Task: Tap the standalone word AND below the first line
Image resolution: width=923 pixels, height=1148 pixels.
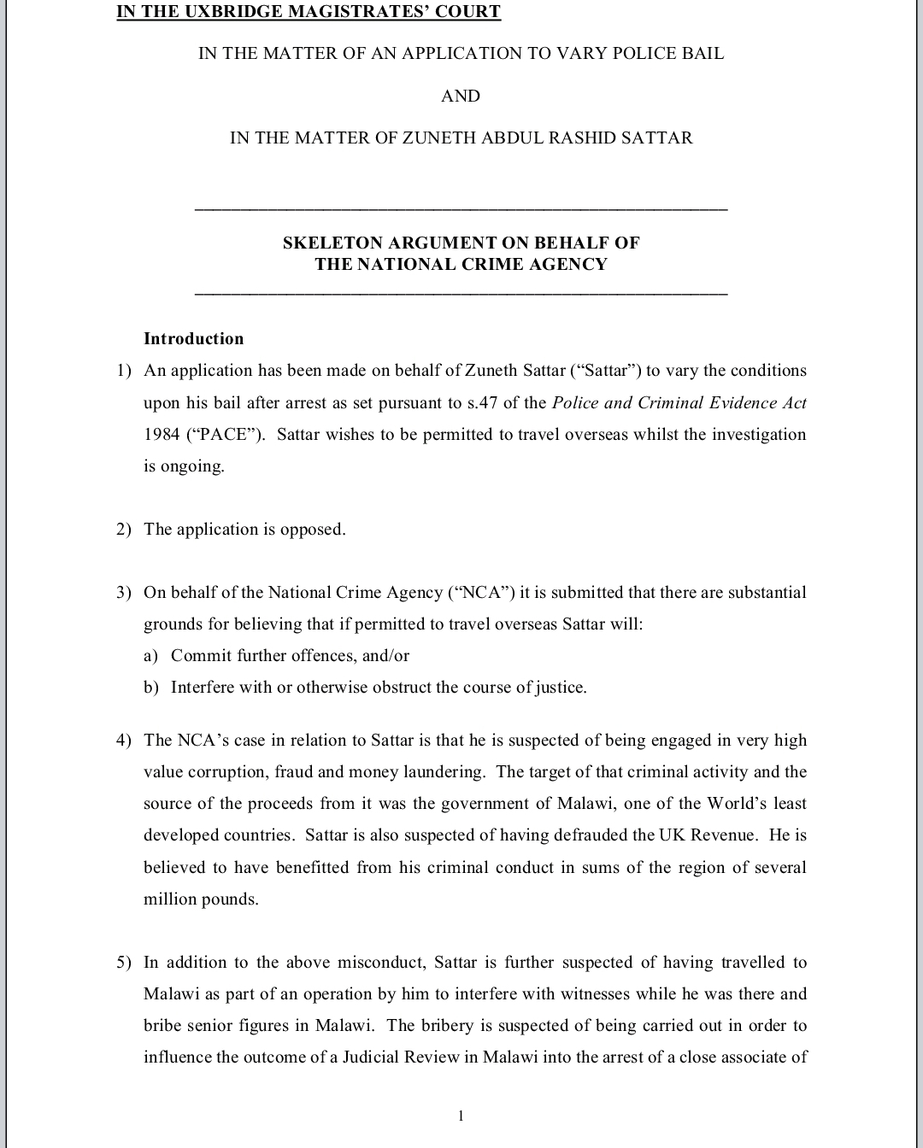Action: point(461,96)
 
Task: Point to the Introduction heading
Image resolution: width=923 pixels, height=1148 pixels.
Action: point(194,338)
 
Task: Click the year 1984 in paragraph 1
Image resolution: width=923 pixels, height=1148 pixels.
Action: point(162,434)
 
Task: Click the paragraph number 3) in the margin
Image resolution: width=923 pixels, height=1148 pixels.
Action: point(125,592)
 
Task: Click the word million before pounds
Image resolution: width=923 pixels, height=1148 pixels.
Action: point(169,899)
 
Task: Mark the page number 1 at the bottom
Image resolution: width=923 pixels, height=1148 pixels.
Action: point(461,1115)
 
